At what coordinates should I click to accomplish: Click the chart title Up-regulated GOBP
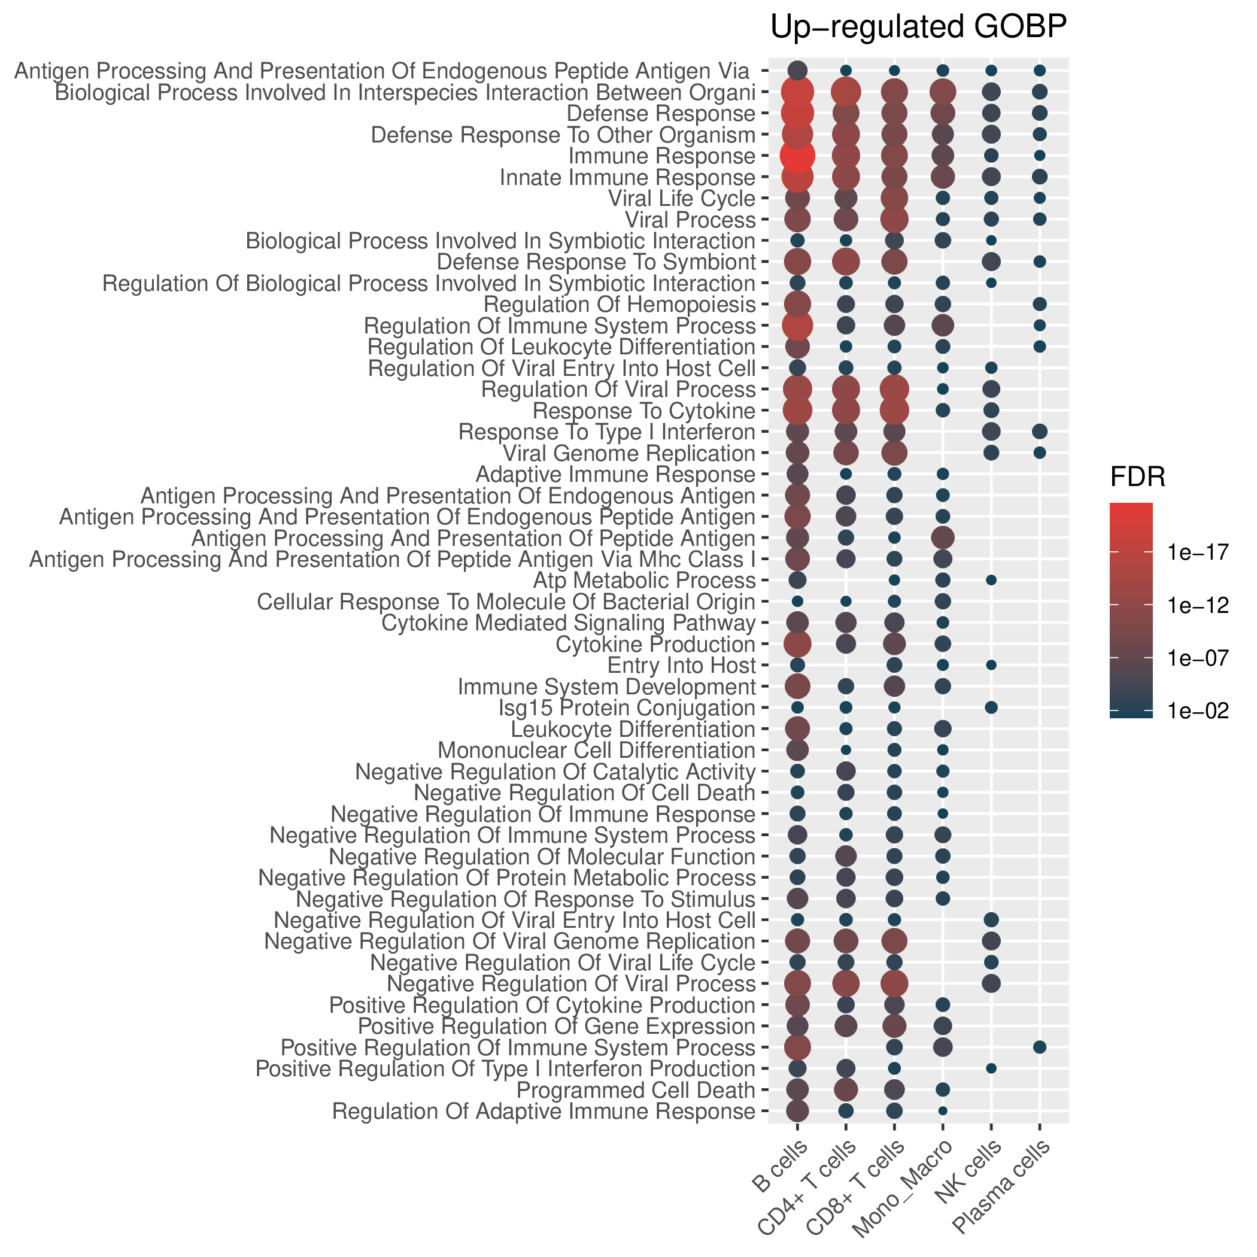[918, 28]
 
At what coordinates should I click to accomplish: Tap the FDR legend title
[1137, 478]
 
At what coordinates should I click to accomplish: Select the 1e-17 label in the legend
[1198, 552]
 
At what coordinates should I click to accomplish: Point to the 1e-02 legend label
[1198, 711]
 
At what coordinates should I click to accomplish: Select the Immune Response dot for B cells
[798, 156]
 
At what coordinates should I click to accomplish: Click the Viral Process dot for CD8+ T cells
[894, 219]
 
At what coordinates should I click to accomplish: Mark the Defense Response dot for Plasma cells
[1039, 113]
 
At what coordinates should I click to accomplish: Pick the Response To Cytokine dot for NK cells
[991, 411]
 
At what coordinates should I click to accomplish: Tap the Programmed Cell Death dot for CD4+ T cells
[846, 1089]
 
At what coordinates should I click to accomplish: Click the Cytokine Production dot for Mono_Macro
[943, 644]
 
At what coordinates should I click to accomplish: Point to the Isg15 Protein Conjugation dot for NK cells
[991, 708]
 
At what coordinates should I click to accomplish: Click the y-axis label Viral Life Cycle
[681, 199]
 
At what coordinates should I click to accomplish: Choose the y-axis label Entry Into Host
[681, 666]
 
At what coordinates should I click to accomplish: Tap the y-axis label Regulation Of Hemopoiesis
[620, 305]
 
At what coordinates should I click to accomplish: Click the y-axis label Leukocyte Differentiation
[633, 729]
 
